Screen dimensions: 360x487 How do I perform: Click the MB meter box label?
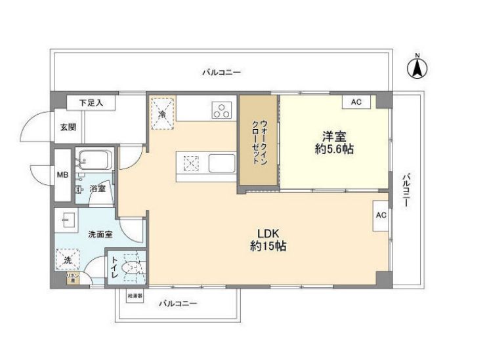click(62, 175)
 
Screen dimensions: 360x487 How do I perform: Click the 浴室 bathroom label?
click(98, 189)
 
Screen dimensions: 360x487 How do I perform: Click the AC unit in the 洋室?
click(356, 102)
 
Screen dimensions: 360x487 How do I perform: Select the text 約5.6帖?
click(333, 150)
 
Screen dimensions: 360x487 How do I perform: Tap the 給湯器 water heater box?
click(135, 295)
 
